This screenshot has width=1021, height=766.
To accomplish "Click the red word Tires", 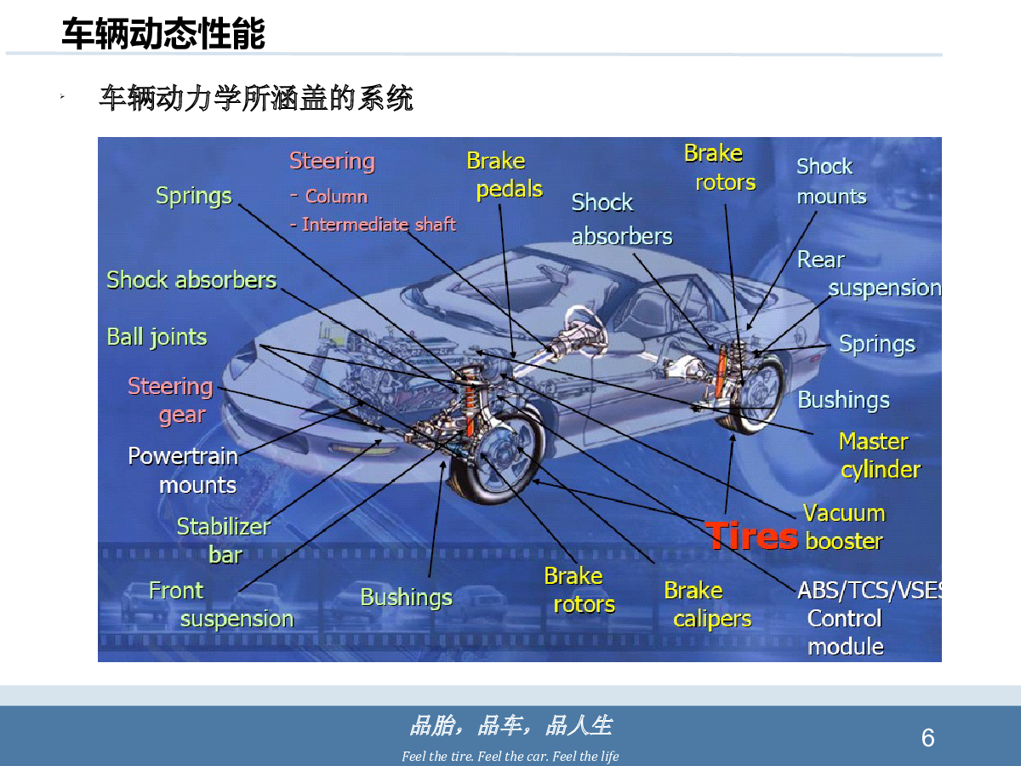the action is [x=751, y=536].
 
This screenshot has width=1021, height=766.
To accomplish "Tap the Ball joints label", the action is [x=157, y=337].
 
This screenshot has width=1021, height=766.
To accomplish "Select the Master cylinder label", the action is [x=878, y=455].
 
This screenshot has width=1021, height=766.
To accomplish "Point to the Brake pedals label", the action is [x=505, y=174].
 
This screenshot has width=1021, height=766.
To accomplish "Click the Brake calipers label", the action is [x=708, y=604].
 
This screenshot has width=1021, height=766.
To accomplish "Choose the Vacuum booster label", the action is [x=844, y=527].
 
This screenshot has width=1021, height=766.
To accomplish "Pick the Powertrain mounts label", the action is [x=183, y=471].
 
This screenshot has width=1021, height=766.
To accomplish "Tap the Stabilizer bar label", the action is [x=224, y=540].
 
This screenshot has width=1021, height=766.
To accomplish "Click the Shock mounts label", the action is [x=831, y=181].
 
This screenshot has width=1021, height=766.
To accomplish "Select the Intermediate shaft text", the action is [x=379, y=225].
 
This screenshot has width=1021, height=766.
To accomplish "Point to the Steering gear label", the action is [x=170, y=400].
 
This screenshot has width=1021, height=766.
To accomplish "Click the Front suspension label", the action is [x=221, y=604].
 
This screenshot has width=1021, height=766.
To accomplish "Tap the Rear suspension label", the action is [x=869, y=274].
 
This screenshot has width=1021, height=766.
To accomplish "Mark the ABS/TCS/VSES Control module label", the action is [x=870, y=619].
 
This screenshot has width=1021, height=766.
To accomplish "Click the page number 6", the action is [x=927, y=738].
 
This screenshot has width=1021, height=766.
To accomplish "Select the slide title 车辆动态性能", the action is [x=163, y=33].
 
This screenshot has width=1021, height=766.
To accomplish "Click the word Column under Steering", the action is [x=336, y=197].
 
